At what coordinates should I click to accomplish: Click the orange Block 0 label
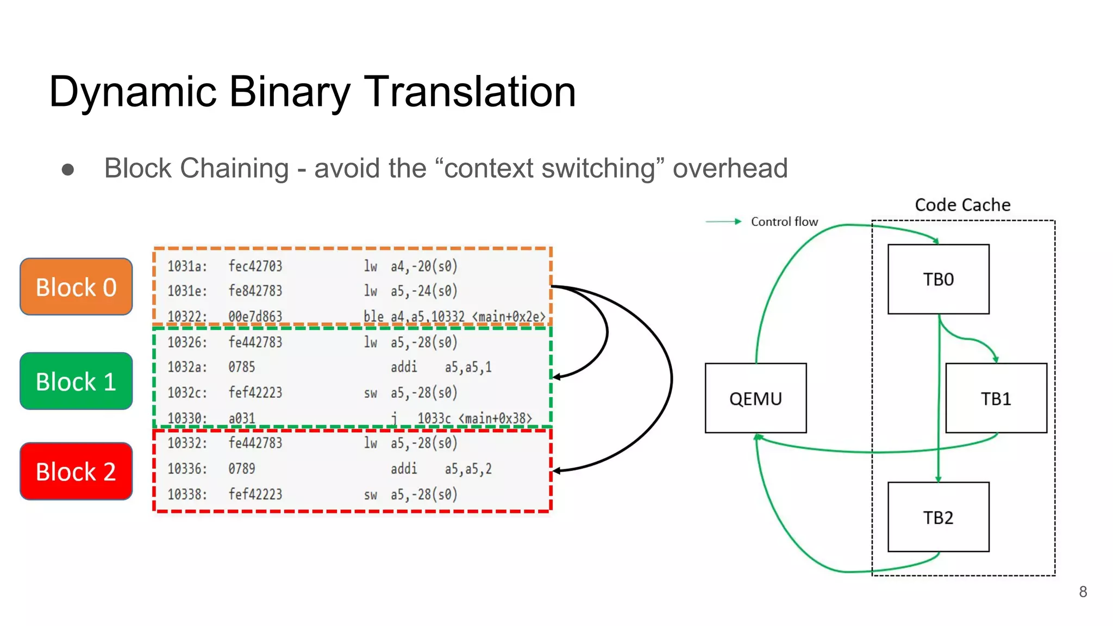pos(76,287)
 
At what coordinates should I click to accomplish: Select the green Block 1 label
pos(76,381)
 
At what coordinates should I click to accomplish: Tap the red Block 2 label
pos(76,471)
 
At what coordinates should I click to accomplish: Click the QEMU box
pos(755,398)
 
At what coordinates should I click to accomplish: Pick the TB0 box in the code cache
pos(938,279)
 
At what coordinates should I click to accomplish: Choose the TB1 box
pos(996,398)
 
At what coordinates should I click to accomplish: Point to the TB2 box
pos(938,517)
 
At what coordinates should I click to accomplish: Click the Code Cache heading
pos(962,205)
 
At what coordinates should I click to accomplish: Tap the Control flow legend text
pos(784,222)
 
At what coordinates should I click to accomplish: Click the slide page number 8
pos(1083,592)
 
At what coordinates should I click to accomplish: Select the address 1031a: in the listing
pos(187,266)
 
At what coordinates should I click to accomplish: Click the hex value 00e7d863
pos(255,316)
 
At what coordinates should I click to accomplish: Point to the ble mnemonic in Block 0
pos(373,316)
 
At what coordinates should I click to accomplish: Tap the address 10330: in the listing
pos(187,418)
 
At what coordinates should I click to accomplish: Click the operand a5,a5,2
pos(468,469)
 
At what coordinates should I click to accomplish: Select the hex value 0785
pos(241,367)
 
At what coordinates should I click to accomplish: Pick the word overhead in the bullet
pos(730,168)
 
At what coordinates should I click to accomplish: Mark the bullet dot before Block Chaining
pos(68,170)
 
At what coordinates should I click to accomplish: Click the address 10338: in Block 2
pos(187,494)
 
